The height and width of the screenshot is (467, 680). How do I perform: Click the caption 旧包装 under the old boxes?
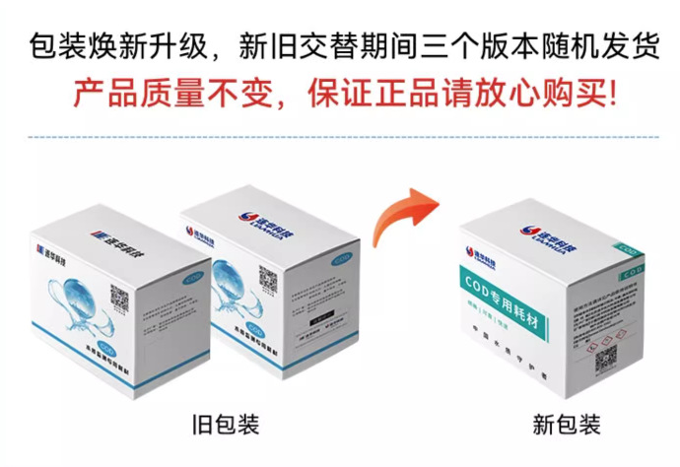pyautogui.click(x=225, y=426)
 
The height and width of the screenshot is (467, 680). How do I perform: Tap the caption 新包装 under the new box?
pyautogui.click(x=567, y=426)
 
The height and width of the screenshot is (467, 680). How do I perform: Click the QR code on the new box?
pyautogui.click(x=606, y=358)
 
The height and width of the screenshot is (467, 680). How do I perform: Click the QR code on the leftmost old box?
pyautogui.click(x=119, y=298)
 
